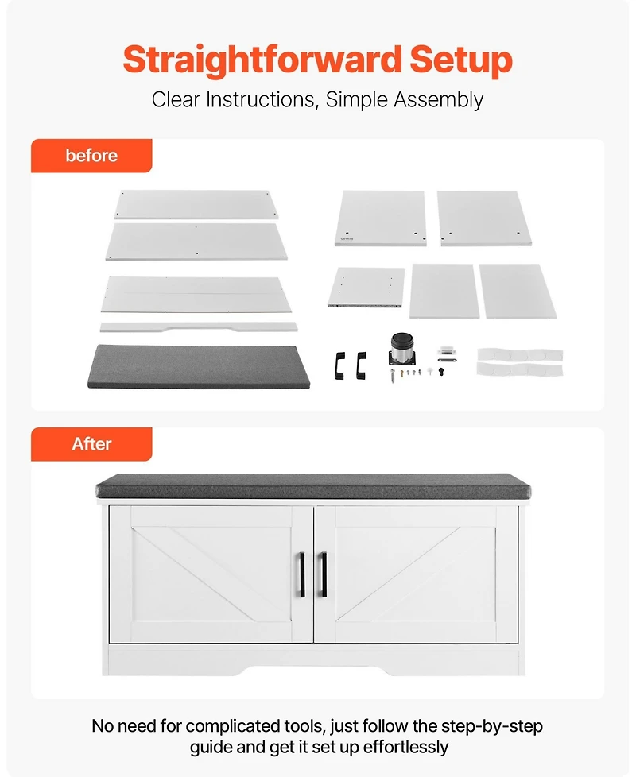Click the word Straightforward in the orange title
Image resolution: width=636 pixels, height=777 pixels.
tap(262, 60)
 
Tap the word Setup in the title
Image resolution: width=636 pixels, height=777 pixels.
tap(461, 60)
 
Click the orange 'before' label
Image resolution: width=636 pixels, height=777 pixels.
tap(91, 156)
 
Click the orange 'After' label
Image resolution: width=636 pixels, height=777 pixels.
tap(91, 444)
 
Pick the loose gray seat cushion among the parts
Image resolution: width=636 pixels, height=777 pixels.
tap(199, 366)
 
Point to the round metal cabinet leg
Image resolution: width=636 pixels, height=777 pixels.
tap(402, 350)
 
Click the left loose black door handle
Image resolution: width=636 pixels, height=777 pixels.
tap(339, 365)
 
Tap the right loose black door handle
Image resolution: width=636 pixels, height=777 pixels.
tap(361, 365)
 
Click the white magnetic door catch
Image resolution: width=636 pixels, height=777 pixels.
tap(447, 351)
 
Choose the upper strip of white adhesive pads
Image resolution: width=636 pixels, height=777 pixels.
tap(520, 355)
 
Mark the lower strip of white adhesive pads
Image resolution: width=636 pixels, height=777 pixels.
tap(520, 369)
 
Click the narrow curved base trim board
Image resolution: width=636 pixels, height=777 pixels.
tap(199, 327)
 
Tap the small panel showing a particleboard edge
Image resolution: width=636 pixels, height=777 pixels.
tap(366, 288)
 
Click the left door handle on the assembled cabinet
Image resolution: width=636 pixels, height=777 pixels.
tap(302, 574)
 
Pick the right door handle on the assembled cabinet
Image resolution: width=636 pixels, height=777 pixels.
tap(324, 574)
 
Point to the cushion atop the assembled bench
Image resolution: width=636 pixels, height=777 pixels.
tap(313, 486)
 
